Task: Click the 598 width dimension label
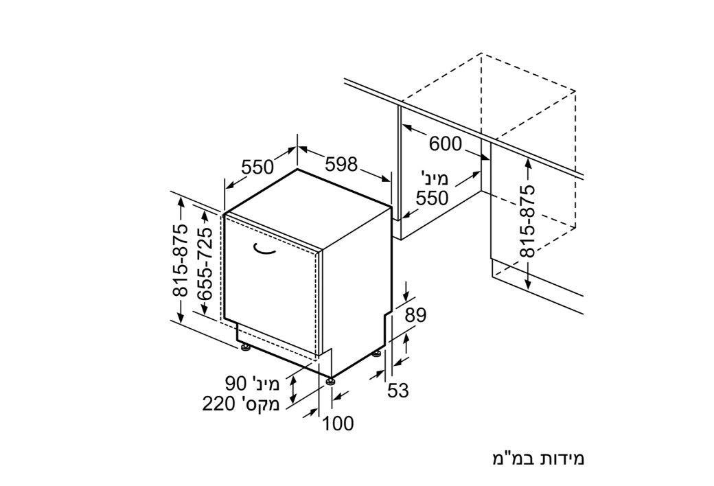(x=341, y=165)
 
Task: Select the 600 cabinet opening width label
(x=446, y=144)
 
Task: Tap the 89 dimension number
(x=415, y=315)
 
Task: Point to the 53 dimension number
(x=398, y=391)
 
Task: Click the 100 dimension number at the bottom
(x=338, y=424)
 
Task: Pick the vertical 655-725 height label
(x=205, y=264)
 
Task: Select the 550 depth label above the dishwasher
(x=257, y=167)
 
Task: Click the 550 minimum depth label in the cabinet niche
(x=432, y=198)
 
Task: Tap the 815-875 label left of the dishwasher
(x=181, y=261)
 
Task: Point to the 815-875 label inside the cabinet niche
(x=528, y=221)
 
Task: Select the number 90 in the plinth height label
(x=236, y=384)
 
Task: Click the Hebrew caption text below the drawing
(x=538, y=459)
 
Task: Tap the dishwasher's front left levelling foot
(x=246, y=348)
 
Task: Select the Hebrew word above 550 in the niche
(x=435, y=178)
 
